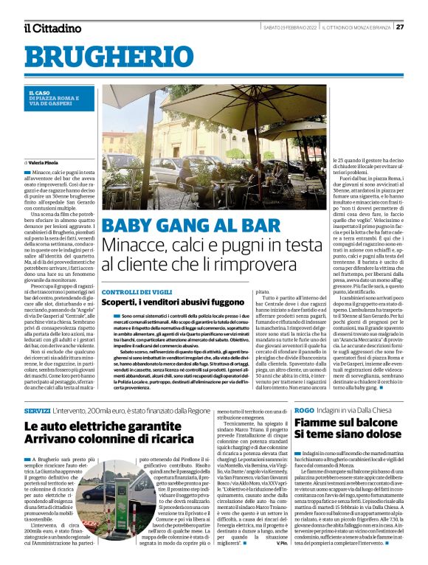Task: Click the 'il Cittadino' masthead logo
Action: [x=52, y=28]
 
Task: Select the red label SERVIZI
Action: [x=37, y=409]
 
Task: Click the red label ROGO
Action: [x=304, y=409]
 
